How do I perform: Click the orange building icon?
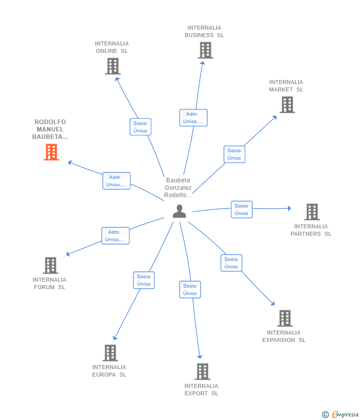pyautogui.click(x=51, y=152)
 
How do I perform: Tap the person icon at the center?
pyautogui.click(x=180, y=211)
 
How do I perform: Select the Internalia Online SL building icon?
pyautogui.click(x=113, y=66)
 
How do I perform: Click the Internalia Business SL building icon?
pyautogui.click(x=205, y=50)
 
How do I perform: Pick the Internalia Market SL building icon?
pyautogui.click(x=287, y=105)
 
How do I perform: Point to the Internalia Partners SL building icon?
pyautogui.click(x=312, y=212)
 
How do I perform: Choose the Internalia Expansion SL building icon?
pyautogui.click(x=285, y=318)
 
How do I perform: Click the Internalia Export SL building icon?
pyautogui.click(x=202, y=372)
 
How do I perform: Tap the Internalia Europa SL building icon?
pyautogui.click(x=110, y=353)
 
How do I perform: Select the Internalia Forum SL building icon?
pyautogui.click(x=50, y=265)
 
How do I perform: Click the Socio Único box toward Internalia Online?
pyautogui.click(x=140, y=127)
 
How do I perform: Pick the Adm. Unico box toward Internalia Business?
pyautogui.click(x=193, y=118)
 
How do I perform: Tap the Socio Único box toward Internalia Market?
pyautogui.click(x=234, y=154)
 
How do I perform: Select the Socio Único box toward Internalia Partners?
pyautogui.click(x=241, y=210)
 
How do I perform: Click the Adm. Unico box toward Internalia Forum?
pyautogui.click(x=115, y=236)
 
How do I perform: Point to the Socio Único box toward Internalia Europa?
pyautogui.click(x=144, y=280)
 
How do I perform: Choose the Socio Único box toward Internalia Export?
pyautogui.click(x=190, y=290)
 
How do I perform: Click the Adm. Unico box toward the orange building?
pyautogui.click(x=116, y=181)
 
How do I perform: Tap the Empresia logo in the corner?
pyautogui.click(x=341, y=414)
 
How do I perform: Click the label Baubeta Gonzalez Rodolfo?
pyautogui.click(x=178, y=188)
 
